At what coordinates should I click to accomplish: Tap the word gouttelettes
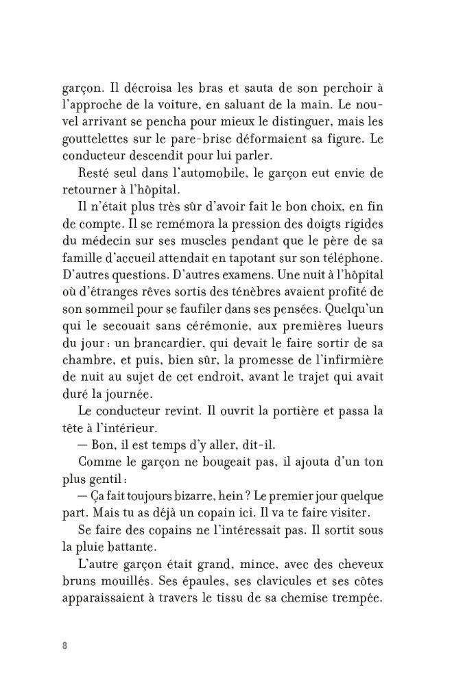98,139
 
